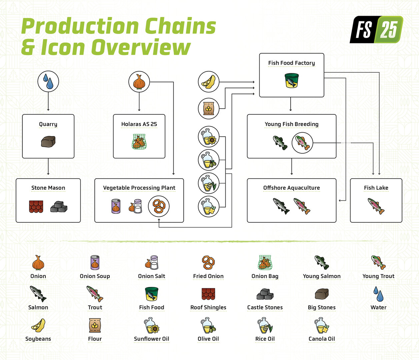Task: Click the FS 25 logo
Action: [x=376, y=29]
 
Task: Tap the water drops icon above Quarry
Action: [x=48, y=81]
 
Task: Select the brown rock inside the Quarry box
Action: [x=48, y=142]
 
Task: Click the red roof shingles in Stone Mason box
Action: [x=36, y=206]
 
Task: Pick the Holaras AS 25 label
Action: [x=139, y=124]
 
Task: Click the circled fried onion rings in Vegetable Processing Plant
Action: [x=159, y=206]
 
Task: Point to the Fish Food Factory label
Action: [x=291, y=63]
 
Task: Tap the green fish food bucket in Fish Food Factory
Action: [x=291, y=81]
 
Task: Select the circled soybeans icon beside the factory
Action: [x=209, y=82]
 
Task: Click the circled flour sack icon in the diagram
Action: [x=209, y=108]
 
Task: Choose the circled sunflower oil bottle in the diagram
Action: [x=209, y=137]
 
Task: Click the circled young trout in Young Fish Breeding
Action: [x=302, y=143]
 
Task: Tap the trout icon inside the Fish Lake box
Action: [x=376, y=206]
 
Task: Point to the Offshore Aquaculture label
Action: [x=291, y=188]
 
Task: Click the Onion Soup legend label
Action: [x=95, y=276]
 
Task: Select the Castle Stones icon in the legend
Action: [x=265, y=294]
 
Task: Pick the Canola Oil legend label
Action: [x=322, y=339]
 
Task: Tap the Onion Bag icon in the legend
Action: [x=265, y=263]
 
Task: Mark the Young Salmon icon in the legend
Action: [x=322, y=262]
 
